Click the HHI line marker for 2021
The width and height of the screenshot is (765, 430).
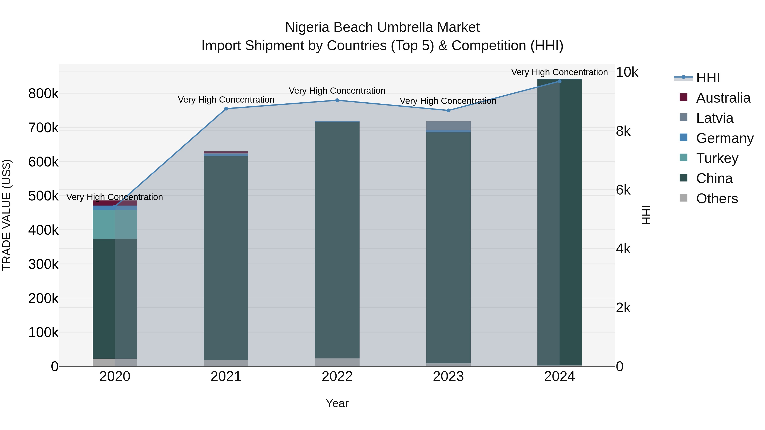[226, 109]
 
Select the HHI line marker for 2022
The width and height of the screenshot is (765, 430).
[337, 100]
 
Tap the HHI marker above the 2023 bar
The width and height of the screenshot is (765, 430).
[448, 110]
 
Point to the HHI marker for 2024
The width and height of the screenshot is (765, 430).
[560, 81]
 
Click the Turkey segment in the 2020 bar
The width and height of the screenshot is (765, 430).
[115, 224]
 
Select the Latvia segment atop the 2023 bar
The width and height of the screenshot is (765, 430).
[448, 125]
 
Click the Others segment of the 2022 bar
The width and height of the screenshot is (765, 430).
[337, 362]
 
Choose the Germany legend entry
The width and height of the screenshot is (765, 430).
[725, 138]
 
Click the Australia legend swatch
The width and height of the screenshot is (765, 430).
[684, 97]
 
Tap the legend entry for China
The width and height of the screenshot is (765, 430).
[714, 178]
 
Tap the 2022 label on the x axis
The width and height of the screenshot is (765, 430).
[337, 376]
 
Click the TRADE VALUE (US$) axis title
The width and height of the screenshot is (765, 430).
[7, 215]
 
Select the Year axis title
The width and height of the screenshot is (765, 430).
[337, 403]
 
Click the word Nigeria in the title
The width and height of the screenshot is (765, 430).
[307, 27]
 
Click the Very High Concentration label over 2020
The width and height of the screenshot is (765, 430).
[115, 197]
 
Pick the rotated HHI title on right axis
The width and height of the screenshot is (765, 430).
[646, 215]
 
